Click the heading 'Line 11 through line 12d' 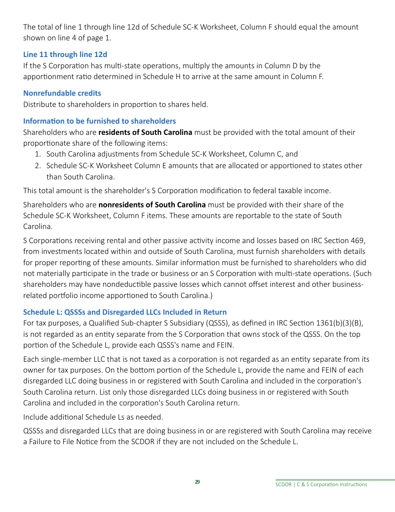tap(65, 55)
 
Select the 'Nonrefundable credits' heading tap(62, 93)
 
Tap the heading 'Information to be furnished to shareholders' tap(99, 121)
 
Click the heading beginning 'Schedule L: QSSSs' tap(125, 312)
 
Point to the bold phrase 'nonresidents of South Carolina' tap(152, 205)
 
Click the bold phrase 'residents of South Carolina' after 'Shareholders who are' tap(145, 132)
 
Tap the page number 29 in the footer tap(197, 482)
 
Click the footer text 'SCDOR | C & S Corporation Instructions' tap(321, 485)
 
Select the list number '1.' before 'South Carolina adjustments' tap(38, 154)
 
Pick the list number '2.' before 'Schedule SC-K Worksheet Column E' tap(38, 166)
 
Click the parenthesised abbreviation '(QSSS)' tap(215, 323)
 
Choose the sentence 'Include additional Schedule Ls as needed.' tap(93, 417)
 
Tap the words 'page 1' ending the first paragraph tap(100, 38)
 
